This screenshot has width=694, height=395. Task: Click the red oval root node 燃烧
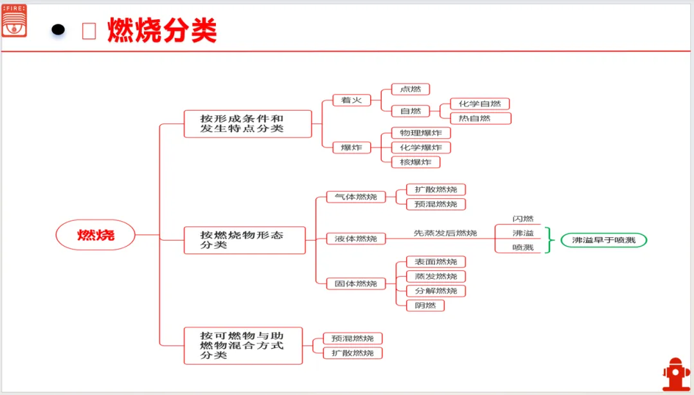(96, 235)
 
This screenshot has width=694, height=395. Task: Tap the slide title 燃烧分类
(162, 30)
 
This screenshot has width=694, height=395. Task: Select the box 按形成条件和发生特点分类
(247, 124)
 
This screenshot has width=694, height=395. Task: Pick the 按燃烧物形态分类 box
(245, 240)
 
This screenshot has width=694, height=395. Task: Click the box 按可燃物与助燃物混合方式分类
(243, 345)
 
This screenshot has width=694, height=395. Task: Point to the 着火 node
(351, 100)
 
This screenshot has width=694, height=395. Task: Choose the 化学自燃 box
(479, 104)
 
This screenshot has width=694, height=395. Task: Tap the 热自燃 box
(479, 118)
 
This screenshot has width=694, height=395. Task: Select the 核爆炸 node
(416, 162)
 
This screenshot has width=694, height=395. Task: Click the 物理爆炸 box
(421, 133)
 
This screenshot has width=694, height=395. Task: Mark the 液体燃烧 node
(355, 239)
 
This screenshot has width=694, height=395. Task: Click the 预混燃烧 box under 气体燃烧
(436, 204)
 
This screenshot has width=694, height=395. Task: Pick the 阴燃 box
(425, 305)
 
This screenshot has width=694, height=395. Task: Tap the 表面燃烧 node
(436, 262)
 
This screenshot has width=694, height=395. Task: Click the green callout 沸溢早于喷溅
(603, 240)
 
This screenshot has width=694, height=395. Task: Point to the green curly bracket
(549, 240)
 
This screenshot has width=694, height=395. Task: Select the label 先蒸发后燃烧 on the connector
(445, 233)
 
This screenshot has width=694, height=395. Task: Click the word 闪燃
(522, 219)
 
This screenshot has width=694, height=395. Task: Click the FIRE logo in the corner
(14, 20)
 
